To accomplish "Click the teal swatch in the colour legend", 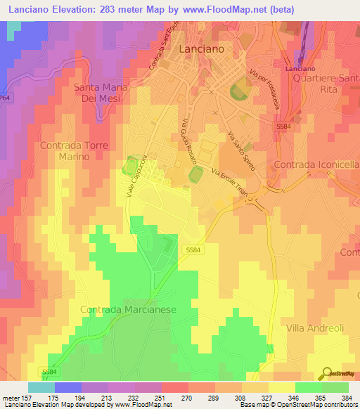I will tap(41, 387).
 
